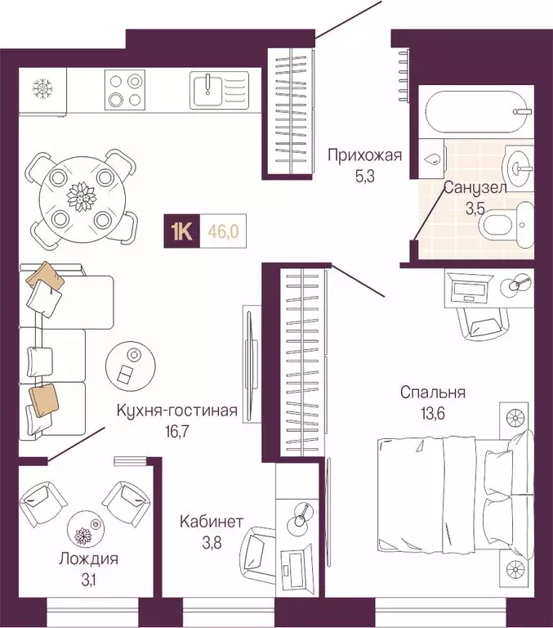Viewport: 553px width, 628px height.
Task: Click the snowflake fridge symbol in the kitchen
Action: (x=41, y=87)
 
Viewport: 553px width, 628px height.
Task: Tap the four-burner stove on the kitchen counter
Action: (x=125, y=90)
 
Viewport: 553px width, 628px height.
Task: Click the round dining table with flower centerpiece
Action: (x=81, y=196)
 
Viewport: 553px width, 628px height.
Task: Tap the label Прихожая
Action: (x=364, y=153)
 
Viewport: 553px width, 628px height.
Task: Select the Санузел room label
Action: (x=475, y=188)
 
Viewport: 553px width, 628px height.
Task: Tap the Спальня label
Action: (x=432, y=392)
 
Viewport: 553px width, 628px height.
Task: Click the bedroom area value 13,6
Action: (x=432, y=411)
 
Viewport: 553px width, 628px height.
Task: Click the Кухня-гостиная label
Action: (x=176, y=411)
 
